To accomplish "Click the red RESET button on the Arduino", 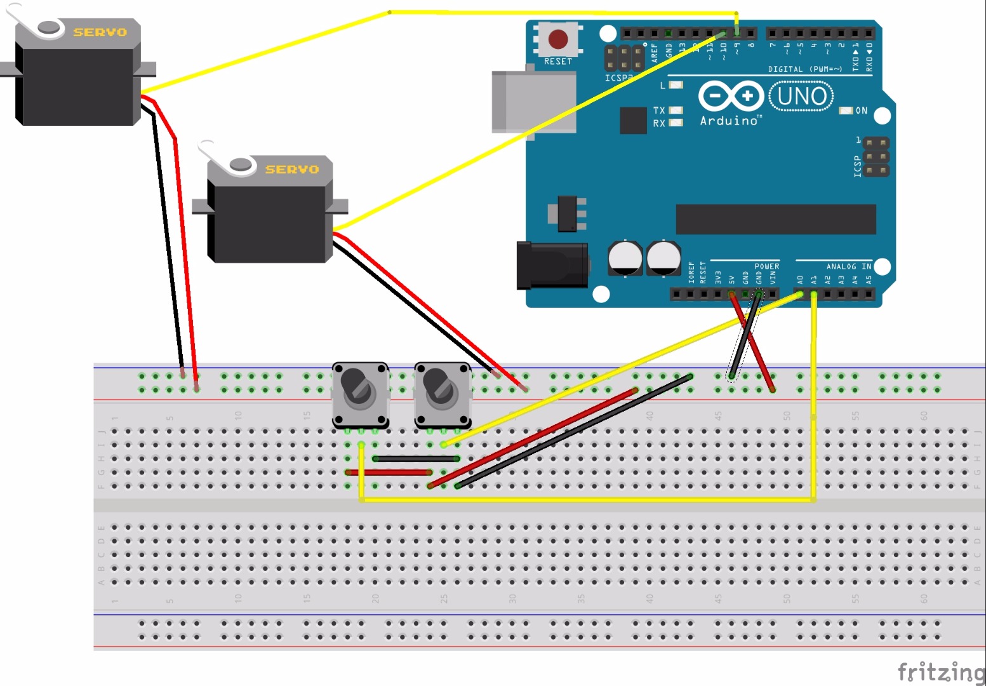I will [558, 39].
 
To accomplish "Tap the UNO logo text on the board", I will [801, 97].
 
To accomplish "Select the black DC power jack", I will [551, 265].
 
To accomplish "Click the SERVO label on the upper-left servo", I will [100, 32].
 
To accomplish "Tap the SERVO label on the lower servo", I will [291, 170].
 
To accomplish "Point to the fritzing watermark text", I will [941, 672].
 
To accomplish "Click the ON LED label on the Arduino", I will [861, 111].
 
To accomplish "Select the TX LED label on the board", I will [659, 111].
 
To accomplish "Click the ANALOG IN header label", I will [848, 267].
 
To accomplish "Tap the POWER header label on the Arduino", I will [766, 267].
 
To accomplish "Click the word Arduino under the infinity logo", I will [729, 121].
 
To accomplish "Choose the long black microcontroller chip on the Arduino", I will [775, 219].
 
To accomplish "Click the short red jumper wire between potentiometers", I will [389, 473].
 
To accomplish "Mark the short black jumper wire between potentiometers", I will [416, 459].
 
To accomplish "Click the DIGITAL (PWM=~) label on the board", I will [804, 69].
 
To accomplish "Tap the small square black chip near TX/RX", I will [633, 121].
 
